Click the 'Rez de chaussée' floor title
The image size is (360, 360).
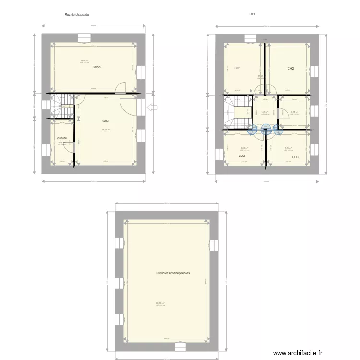77,15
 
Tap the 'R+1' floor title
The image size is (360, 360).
252,14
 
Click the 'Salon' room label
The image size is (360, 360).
96,67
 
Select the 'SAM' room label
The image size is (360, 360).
105,121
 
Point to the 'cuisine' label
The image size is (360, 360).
61,138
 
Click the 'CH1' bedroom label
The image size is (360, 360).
237,68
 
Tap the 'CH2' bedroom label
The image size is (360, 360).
290,69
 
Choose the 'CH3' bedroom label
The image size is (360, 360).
295,157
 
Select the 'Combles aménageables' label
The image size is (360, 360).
172,273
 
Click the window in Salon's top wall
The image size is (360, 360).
84,37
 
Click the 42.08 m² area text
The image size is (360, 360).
160,303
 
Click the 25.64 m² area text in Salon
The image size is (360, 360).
84,60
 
